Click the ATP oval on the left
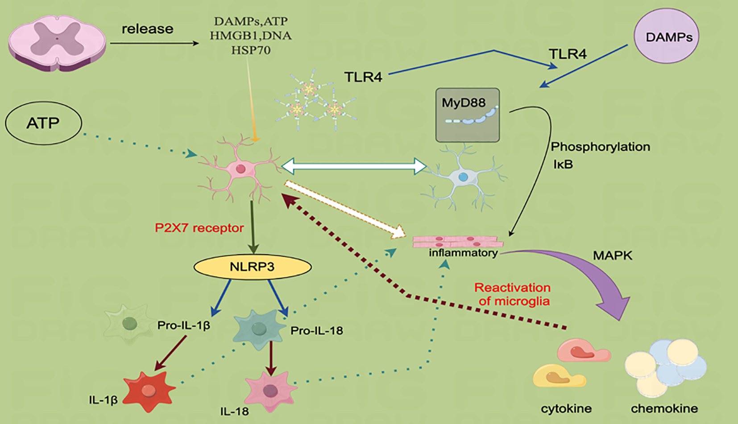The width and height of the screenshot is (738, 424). (43, 123)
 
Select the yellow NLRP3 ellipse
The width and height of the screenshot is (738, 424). (252, 267)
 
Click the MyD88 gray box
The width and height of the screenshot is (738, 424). (467, 115)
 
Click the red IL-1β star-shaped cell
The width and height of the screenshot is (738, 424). (148, 391)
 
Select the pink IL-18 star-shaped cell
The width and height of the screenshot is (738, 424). (270, 391)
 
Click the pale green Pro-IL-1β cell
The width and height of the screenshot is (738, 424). (129, 324)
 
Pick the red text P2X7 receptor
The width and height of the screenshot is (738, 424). (199, 228)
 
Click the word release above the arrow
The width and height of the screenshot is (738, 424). (147, 29)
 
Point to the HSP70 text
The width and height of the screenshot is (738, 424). (251, 50)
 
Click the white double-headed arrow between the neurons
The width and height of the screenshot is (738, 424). (354, 166)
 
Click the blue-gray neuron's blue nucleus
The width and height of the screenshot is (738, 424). (463, 177)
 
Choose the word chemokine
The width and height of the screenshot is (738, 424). (664, 408)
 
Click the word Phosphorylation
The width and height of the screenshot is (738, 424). (600, 147)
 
